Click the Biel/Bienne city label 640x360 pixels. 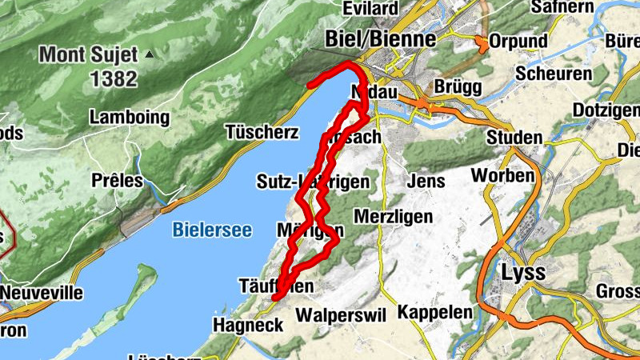[x=381, y=39]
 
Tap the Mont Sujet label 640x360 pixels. [x=89, y=55]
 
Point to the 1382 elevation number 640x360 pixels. [x=114, y=78]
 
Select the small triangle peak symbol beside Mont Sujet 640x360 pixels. [x=149, y=55]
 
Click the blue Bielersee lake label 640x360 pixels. [x=212, y=230]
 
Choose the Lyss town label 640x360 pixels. [x=523, y=272]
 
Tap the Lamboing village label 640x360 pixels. [x=130, y=118]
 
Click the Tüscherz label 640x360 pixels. [x=262, y=131]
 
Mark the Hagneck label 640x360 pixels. [x=248, y=325]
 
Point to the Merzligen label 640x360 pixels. [x=393, y=217]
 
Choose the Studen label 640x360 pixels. [x=514, y=138]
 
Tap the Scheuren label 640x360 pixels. [x=554, y=73]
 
